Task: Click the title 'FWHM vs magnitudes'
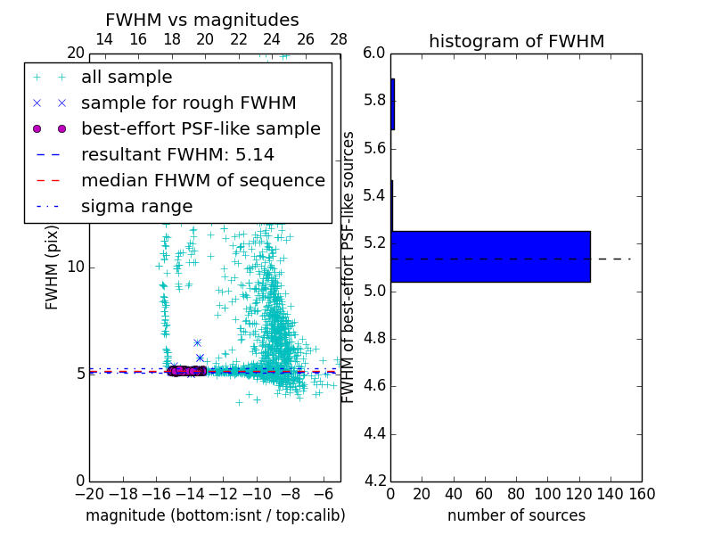click(202, 21)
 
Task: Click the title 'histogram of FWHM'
click(516, 41)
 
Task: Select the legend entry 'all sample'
click(127, 78)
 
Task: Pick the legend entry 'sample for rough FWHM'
click(188, 103)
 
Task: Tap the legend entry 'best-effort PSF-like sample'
click(201, 128)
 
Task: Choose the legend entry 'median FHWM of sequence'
click(202, 180)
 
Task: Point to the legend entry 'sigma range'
click(136, 207)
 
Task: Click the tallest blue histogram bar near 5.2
click(490, 256)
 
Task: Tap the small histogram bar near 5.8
click(392, 104)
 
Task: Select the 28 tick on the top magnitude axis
click(339, 39)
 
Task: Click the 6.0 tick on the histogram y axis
click(374, 53)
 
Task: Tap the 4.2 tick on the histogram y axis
click(374, 481)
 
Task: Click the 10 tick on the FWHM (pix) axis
click(76, 267)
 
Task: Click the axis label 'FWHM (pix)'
click(53, 267)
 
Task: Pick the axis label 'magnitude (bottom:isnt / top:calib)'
click(215, 515)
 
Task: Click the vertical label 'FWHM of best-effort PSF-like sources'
click(349, 267)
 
